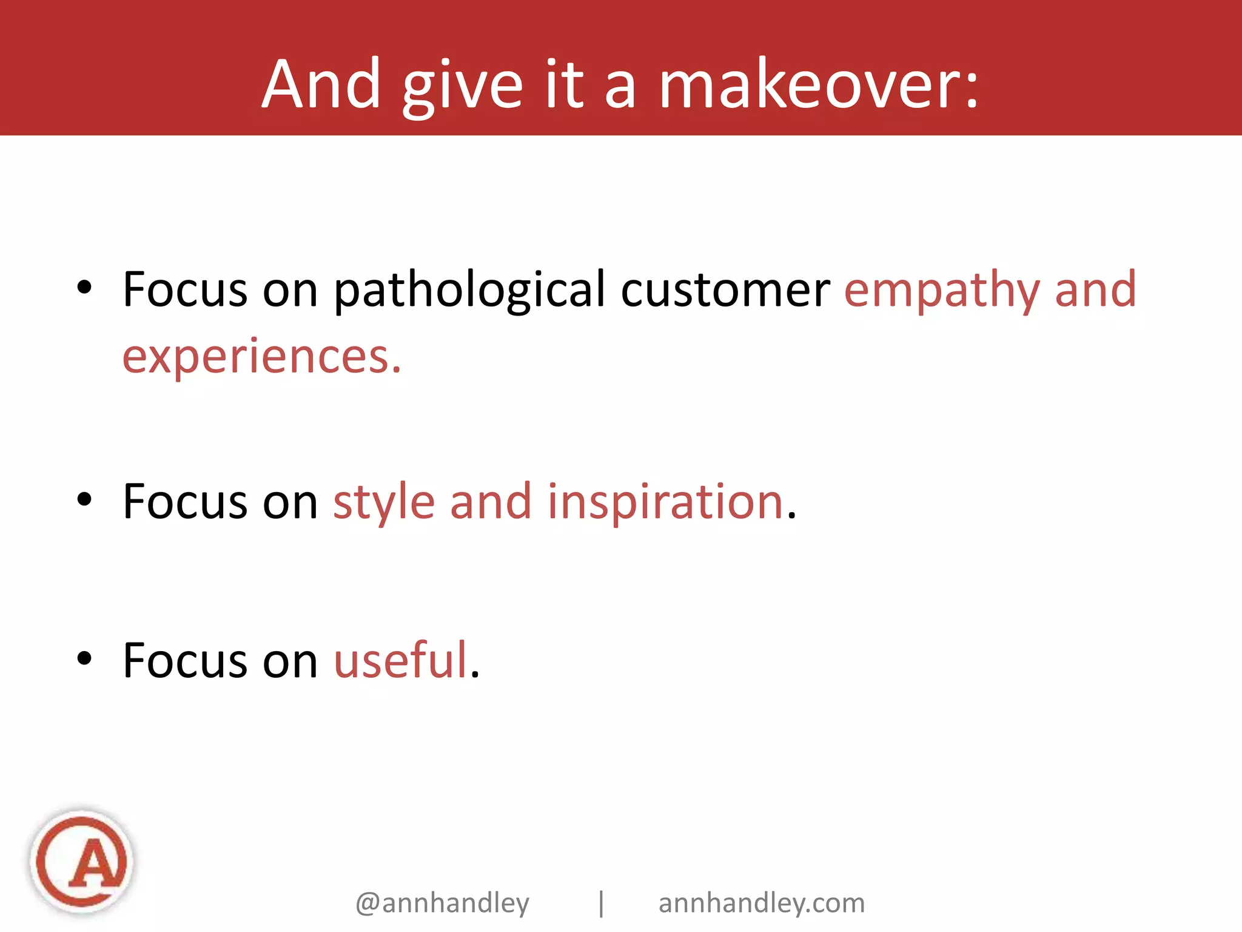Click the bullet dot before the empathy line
(84, 288)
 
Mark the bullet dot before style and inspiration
(84, 500)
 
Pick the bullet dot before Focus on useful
(84, 658)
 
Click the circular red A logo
(82, 861)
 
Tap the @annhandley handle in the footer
(442, 903)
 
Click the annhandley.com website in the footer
(762, 903)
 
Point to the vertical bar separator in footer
(601, 903)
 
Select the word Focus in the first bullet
(185, 290)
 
